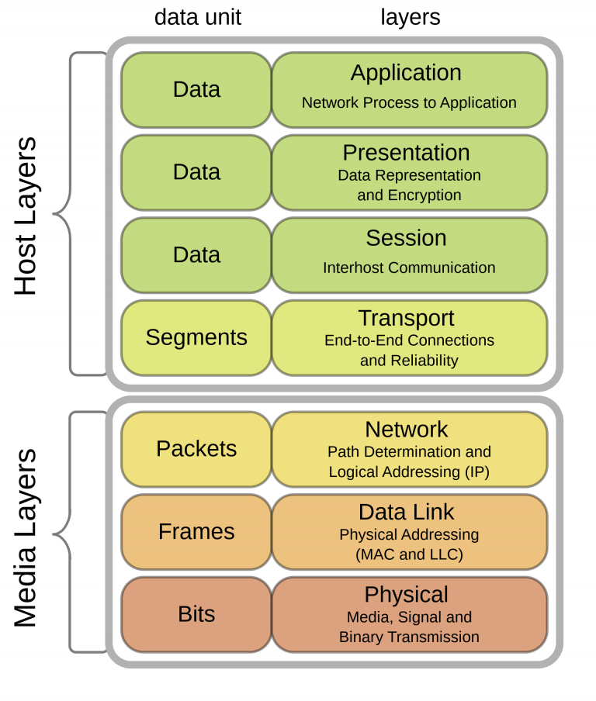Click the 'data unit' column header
pyautogui.click(x=198, y=17)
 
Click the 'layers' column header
pyautogui.click(x=410, y=17)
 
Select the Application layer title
pyautogui.click(x=406, y=73)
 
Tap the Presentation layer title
pyautogui.click(x=406, y=152)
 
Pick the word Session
pyautogui.click(x=406, y=237)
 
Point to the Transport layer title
pyautogui.click(x=406, y=318)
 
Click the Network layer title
pyautogui.click(x=407, y=429)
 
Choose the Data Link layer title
pyautogui.click(x=406, y=512)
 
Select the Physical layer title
pyautogui.click(x=407, y=595)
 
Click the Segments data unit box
pyautogui.click(x=196, y=337)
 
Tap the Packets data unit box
pyautogui.click(x=196, y=448)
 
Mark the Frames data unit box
pyautogui.click(x=196, y=531)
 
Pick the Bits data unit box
pyautogui.click(x=196, y=614)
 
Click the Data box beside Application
pyautogui.click(x=196, y=89)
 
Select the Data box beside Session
pyautogui.click(x=196, y=254)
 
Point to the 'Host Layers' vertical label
pyautogui.click(x=26, y=216)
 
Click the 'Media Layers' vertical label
pyautogui.click(x=26, y=537)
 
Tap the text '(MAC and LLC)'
pyautogui.click(x=409, y=554)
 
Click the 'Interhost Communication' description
pyautogui.click(x=409, y=268)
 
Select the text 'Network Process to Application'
pyautogui.click(x=409, y=102)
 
